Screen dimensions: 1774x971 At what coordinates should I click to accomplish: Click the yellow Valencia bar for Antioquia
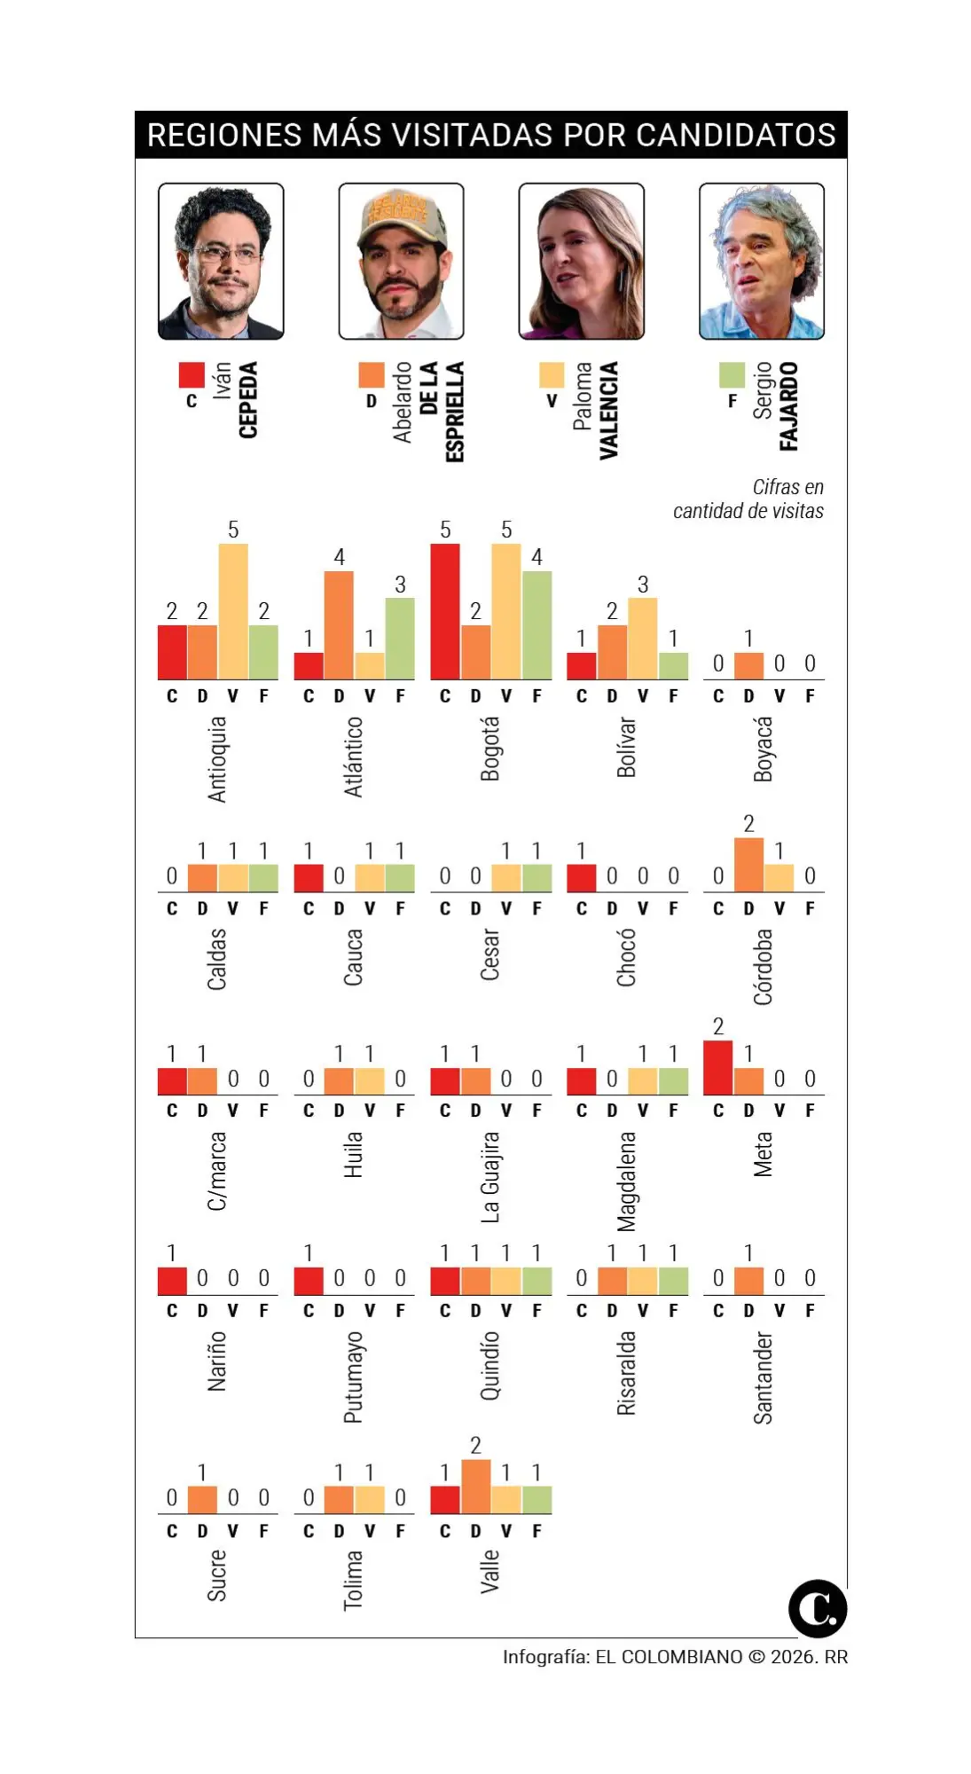click(233, 612)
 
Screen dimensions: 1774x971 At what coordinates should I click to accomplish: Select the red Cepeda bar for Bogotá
click(445, 612)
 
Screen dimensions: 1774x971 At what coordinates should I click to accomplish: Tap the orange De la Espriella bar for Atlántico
click(339, 625)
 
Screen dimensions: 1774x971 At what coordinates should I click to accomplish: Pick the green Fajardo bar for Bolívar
click(673, 666)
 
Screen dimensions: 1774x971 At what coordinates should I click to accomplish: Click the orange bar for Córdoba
click(748, 865)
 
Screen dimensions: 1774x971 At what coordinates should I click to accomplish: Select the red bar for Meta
click(718, 1068)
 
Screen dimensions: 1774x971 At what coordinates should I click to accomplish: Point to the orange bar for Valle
click(475, 1487)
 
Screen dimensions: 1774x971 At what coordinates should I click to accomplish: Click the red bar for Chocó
click(581, 878)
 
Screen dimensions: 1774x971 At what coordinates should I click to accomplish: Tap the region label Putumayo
click(353, 1377)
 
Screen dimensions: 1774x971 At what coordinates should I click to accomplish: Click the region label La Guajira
click(489, 1177)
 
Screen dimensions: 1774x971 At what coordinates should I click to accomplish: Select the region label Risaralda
click(626, 1372)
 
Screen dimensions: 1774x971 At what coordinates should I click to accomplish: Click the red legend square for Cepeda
click(192, 374)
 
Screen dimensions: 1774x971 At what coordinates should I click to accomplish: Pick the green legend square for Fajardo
click(732, 374)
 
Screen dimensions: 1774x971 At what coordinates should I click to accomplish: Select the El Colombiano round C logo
click(817, 1609)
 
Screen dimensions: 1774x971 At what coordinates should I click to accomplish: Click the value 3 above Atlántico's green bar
click(400, 585)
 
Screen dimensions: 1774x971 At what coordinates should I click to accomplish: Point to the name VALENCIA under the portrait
click(608, 410)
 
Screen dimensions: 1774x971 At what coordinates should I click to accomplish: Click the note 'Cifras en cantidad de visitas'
click(749, 499)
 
